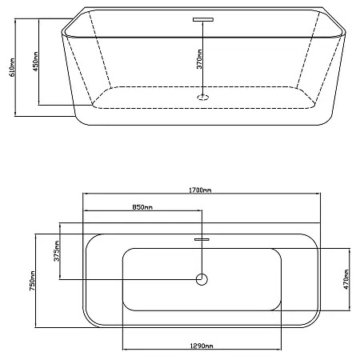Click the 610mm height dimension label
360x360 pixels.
click(12, 67)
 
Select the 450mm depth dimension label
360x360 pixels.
click(35, 62)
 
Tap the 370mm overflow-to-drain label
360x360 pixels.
click(199, 59)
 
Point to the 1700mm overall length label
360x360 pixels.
click(200, 190)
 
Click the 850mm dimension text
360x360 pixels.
click(142, 207)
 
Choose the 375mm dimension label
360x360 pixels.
click(57, 251)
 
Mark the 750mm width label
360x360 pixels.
click(32, 281)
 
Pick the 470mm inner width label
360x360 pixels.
click(346, 279)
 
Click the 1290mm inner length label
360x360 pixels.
click(202, 346)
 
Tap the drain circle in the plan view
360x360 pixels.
click(202, 279)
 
